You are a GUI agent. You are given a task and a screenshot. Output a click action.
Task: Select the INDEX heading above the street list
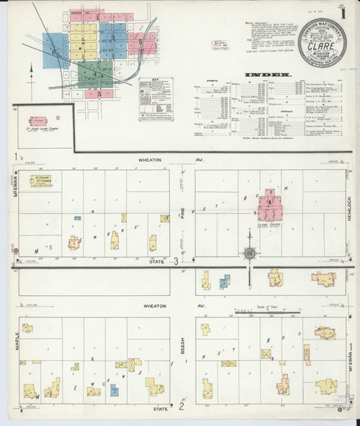click(x=267, y=73)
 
